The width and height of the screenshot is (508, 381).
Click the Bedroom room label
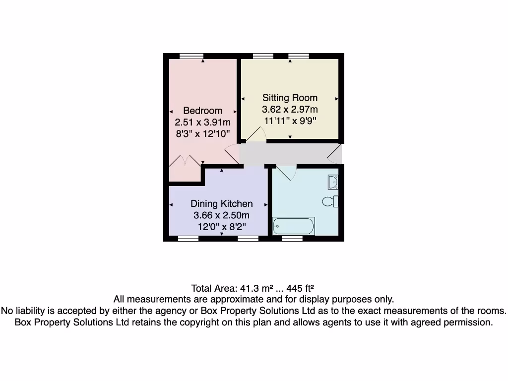(x=202, y=111)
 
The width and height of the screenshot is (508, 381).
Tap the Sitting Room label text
(x=290, y=98)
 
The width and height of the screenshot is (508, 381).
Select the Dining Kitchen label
(x=221, y=204)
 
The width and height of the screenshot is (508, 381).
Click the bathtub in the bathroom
(x=293, y=227)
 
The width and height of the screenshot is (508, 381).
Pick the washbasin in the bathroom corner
(x=333, y=182)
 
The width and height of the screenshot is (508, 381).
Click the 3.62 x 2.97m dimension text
(x=290, y=109)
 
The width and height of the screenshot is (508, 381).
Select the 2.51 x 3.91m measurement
(x=202, y=122)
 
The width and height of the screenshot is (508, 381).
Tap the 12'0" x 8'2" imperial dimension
(x=221, y=227)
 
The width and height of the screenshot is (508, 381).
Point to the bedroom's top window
(x=191, y=56)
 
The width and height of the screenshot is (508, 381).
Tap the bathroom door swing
(x=286, y=172)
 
